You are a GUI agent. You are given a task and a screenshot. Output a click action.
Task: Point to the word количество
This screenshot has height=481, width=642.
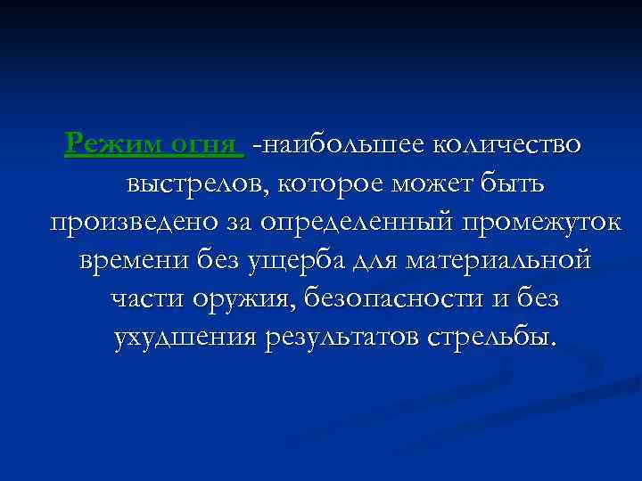(508, 143)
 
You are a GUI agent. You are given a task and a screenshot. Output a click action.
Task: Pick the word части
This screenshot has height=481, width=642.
(145, 300)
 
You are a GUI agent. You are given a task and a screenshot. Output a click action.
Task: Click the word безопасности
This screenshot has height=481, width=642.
(393, 300)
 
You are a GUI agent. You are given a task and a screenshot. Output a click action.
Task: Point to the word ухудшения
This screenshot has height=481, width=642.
(185, 339)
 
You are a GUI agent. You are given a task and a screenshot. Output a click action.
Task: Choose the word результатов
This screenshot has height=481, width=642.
(343, 339)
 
